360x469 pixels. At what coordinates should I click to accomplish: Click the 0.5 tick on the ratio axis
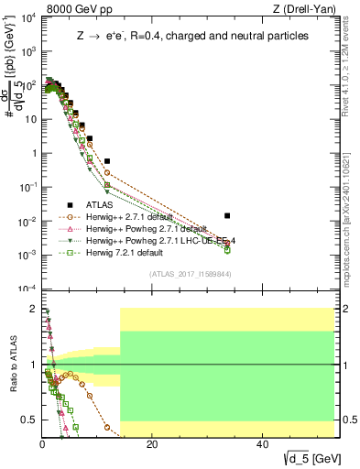[x=29, y=420]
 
